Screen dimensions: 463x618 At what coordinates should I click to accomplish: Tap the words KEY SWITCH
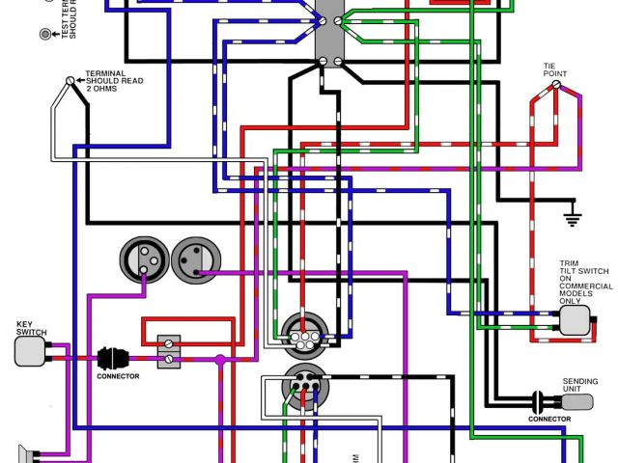coord(31,328)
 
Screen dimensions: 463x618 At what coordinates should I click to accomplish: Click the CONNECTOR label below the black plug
coord(118,376)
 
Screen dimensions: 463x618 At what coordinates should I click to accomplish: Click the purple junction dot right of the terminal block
coord(220,359)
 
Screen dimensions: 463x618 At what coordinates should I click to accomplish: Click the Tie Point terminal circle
coord(555,86)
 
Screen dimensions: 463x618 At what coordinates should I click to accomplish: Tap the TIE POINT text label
coord(558,69)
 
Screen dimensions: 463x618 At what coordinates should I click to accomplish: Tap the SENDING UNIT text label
coord(579,384)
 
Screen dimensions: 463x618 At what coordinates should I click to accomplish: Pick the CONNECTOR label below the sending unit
coord(548,419)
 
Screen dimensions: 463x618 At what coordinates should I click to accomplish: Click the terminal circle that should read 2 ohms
coord(70,82)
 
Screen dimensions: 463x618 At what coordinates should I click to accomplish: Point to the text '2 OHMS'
coord(102,89)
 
